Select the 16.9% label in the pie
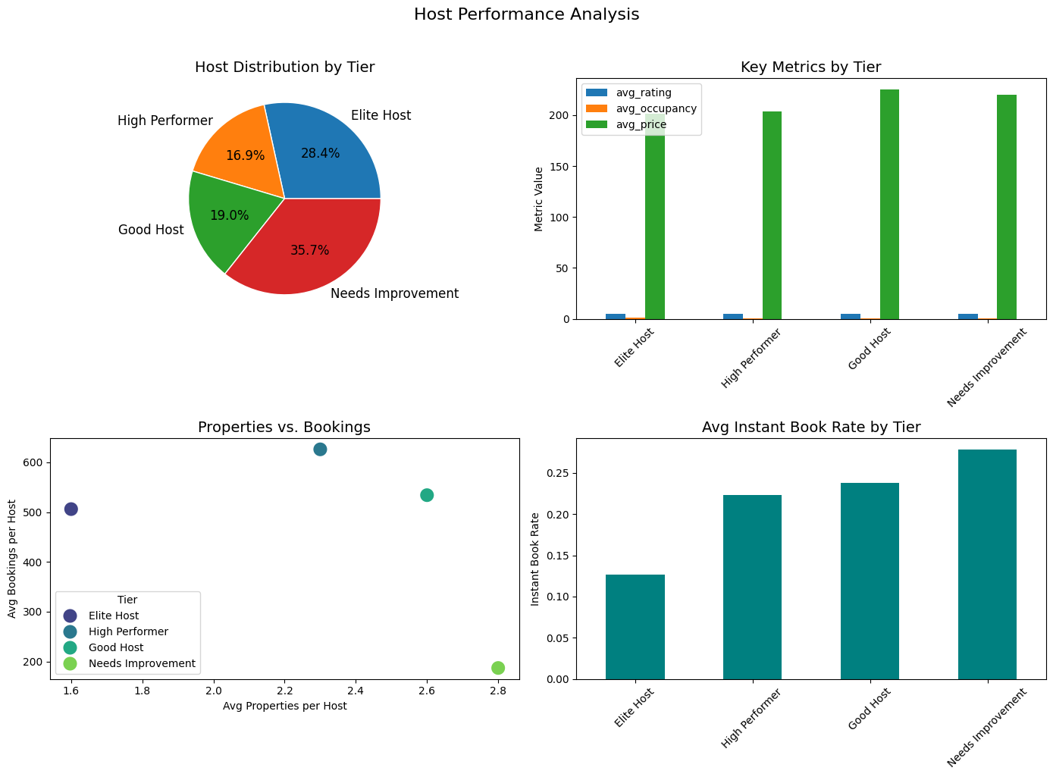pyautogui.click(x=245, y=155)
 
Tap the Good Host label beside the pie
pyautogui.click(x=151, y=230)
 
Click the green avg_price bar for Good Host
pyautogui.click(x=889, y=205)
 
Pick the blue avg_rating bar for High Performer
pyautogui.click(x=733, y=316)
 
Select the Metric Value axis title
pyautogui.click(x=538, y=199)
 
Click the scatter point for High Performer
pyautogui.click(x=320, y=450)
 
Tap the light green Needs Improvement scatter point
pyautogui.click(x=498, y=668)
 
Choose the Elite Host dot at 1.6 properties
pyautogui.click(x=71, y=509)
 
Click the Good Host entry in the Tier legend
pyautogui.click(x=115, y=647)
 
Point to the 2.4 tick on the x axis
pyautogui.click(x=356, y=691)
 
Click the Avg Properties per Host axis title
pyautogui.click(x=284, y=706)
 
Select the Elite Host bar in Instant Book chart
pyautogui.click(x=635, y=627)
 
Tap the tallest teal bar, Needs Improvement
pyautogui.click(x=987, y=564)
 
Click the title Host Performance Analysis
pyautogui.click(x=526, y=14)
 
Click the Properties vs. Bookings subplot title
pyautogui.click(x=284, y=427)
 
